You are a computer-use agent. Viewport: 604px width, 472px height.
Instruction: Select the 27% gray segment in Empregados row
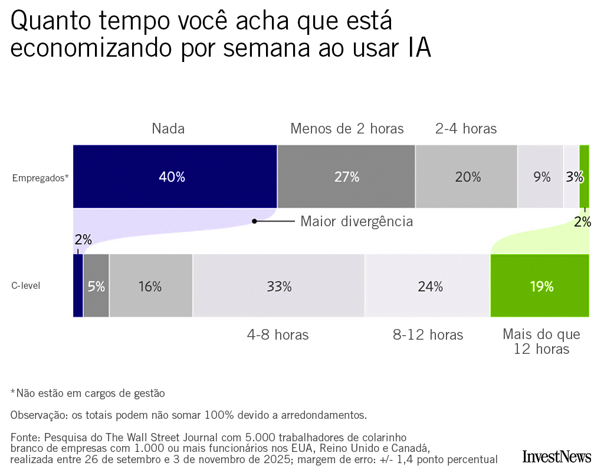click(x=346, y=177)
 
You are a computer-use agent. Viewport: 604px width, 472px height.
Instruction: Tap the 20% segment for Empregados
click(x=467, y=177)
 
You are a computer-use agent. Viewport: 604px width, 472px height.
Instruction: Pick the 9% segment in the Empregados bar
click(x=541, y=177)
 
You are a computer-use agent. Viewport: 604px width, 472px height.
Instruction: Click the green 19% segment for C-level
click(x=540, y=287)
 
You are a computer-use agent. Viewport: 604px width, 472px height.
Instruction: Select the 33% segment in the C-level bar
click(x=278, y=287)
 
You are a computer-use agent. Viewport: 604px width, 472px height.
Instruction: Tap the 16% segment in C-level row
click(x=151, y=287)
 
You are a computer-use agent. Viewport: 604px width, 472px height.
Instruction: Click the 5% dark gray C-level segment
click(x=96, y=287)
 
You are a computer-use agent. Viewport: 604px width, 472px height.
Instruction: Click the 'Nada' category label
click(x=168, y=129)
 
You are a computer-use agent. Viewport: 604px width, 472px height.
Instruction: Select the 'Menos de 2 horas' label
click(x=347, y=129)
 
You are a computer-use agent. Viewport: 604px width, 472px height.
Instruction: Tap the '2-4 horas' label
click(x=466, y=129)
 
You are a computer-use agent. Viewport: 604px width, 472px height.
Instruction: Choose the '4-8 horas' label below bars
click(x=278, y=335)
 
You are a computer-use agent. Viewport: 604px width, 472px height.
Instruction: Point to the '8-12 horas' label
click(x=428, y=335)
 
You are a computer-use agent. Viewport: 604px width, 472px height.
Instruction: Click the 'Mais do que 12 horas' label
click(x=541, y=342)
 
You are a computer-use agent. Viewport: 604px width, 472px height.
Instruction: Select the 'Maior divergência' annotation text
click(x=356, y=222)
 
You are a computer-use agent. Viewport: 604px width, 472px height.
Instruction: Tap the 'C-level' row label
click(x=26, y=287)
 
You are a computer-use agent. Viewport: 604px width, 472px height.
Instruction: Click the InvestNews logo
click(x=556, y=456)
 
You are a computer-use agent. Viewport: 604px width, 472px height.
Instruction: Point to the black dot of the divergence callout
click(x=254, y=222)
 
